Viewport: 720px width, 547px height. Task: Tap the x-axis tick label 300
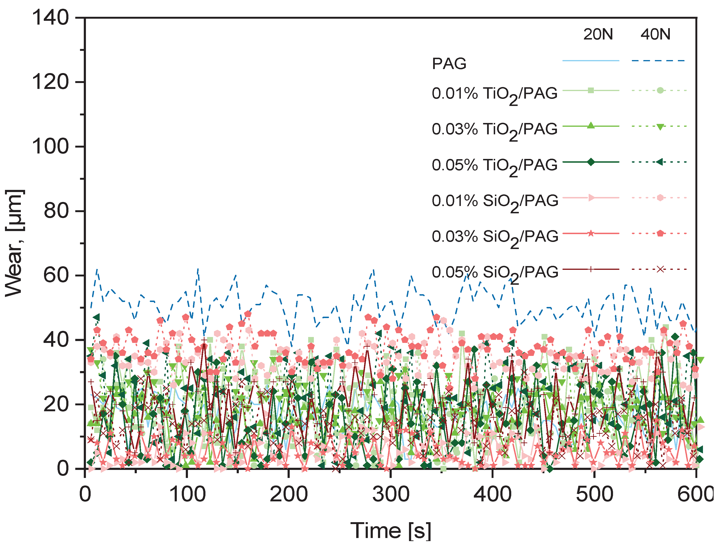391,494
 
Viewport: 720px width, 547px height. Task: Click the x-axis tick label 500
594,494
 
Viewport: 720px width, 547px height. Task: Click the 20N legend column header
598,34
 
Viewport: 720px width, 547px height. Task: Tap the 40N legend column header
655,34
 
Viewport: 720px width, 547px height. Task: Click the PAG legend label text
449,63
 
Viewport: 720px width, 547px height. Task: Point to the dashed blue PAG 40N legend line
658,61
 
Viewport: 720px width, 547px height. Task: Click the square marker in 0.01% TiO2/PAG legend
591,91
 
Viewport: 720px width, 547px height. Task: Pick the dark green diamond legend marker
591,162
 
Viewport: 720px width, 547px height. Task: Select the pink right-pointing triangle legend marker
591,198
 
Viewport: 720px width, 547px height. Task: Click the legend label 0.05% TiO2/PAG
494,165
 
